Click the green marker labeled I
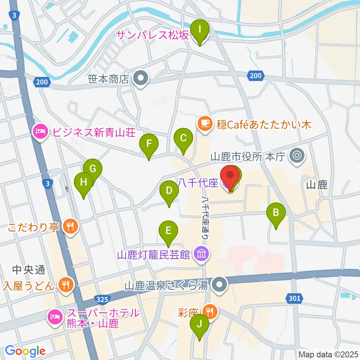click(200, 28)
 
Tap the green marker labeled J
click(199, 324)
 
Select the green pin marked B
click(276, 213)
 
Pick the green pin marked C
click(183, 138)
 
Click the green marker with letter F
click(149, 144)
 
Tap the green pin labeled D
click(169, 190)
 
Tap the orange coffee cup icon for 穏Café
click(204, 124)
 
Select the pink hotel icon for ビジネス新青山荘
click(40, 132)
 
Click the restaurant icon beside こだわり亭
click(69, 226)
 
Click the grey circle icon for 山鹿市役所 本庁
click(298, 155)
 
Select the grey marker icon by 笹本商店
click(141, 79)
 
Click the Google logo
click(25, 351)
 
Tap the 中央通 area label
click(29, 269)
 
